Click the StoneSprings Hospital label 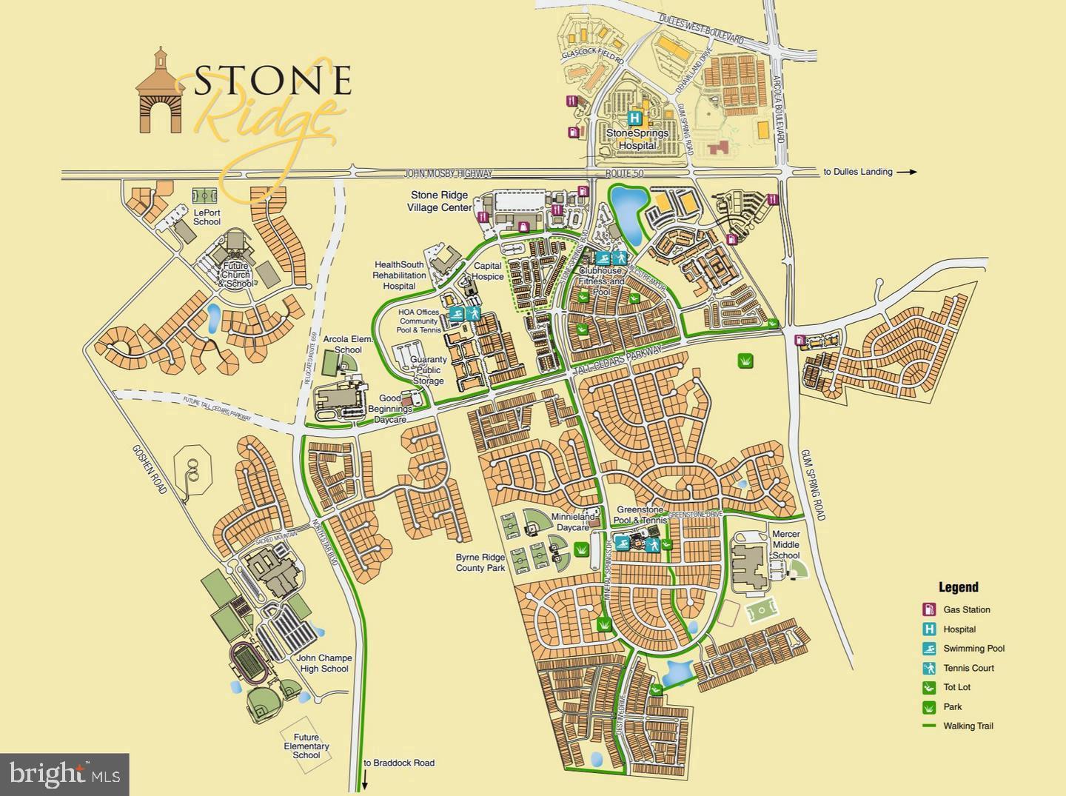[637, 139]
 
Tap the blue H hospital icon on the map [635, 118]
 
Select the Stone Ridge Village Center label [440, 201]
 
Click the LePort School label [207, 217]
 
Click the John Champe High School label [324, 663]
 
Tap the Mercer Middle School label [785, 544]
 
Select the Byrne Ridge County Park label [480, 563]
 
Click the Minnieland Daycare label [570, 522]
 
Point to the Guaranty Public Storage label [429, 370]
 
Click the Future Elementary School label [306, 746]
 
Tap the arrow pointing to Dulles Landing [906, 172]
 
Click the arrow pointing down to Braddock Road [364, 780]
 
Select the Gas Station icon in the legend [928, 610]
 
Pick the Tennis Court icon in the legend [928, 668]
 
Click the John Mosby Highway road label [448, 173]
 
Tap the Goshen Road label [150, 469]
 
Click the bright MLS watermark [64, 775]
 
